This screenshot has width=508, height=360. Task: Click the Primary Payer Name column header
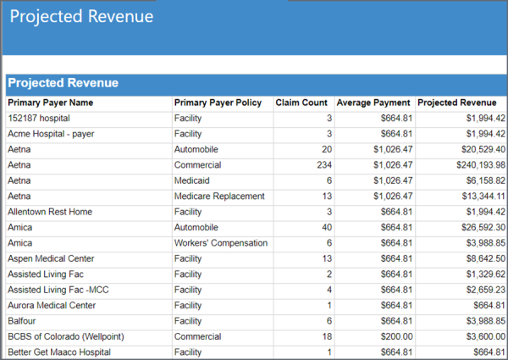[50, 102]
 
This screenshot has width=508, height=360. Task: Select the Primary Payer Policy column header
[218, 102]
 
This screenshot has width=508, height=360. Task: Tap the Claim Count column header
[301, 102]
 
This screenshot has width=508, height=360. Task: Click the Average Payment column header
[373, 102]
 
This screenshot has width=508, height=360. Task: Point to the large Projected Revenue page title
[82, 17]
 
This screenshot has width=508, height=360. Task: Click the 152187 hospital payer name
[39, 119]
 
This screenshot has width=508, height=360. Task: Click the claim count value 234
[323, 165]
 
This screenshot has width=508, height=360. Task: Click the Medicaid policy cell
[192, 180]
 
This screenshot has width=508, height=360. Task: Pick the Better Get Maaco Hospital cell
[59, 352]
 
